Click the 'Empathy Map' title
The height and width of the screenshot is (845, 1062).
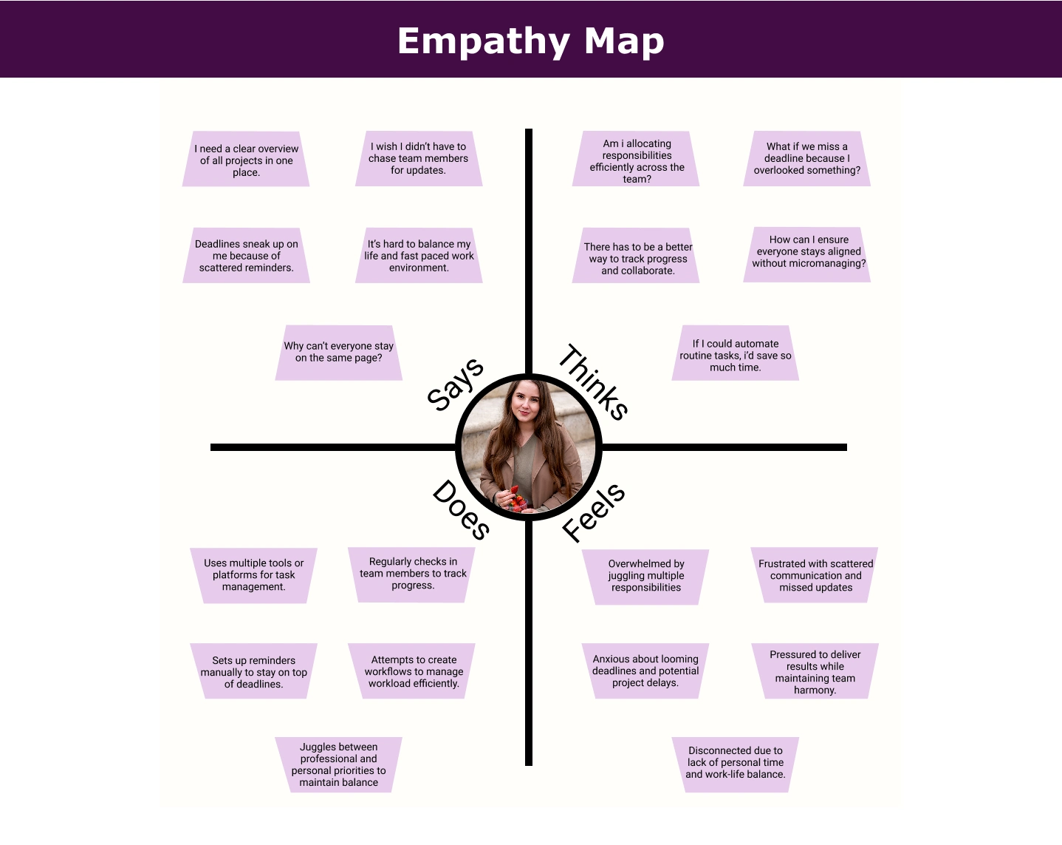(530, 41)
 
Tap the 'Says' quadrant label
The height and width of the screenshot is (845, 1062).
(456, 384)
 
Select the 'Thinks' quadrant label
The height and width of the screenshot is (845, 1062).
(594, 382)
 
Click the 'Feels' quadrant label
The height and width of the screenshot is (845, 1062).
(594, 512)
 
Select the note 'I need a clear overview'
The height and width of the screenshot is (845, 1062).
(246, 160)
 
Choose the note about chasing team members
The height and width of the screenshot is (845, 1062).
(418, 158)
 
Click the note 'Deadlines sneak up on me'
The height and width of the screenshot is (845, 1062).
(246, 256)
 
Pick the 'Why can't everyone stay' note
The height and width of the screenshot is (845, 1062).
(338, 352)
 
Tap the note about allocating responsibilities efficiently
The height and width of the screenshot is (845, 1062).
(637, 160)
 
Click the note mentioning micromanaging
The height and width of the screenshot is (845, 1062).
(808, 252)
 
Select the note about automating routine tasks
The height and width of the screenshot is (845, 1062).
(735, 355)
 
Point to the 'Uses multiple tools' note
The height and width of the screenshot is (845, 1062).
(253, 575)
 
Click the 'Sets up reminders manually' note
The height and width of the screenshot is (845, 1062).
(253, 672)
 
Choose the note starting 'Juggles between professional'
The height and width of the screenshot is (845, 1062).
(338, 764)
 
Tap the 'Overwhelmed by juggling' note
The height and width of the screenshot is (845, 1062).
(645, 576)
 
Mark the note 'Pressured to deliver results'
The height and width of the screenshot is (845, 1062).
(815, 672)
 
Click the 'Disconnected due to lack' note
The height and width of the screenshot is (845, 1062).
(735, 763)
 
